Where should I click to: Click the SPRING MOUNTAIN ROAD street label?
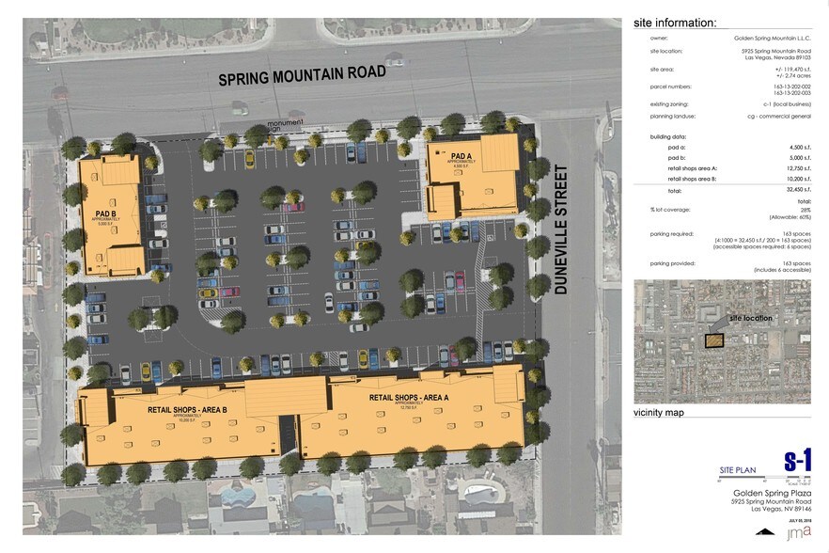pos(302,75)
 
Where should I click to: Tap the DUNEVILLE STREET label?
pos(562,230)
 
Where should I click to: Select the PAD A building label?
pos(461,155)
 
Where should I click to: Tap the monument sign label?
pos(285,125)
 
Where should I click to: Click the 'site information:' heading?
pos(675,23)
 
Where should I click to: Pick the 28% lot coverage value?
pos(805,209)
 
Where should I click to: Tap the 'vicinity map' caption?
pos(658,412)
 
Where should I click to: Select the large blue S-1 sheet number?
pos(796,461)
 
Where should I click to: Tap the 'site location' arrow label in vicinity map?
pos(752,318)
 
